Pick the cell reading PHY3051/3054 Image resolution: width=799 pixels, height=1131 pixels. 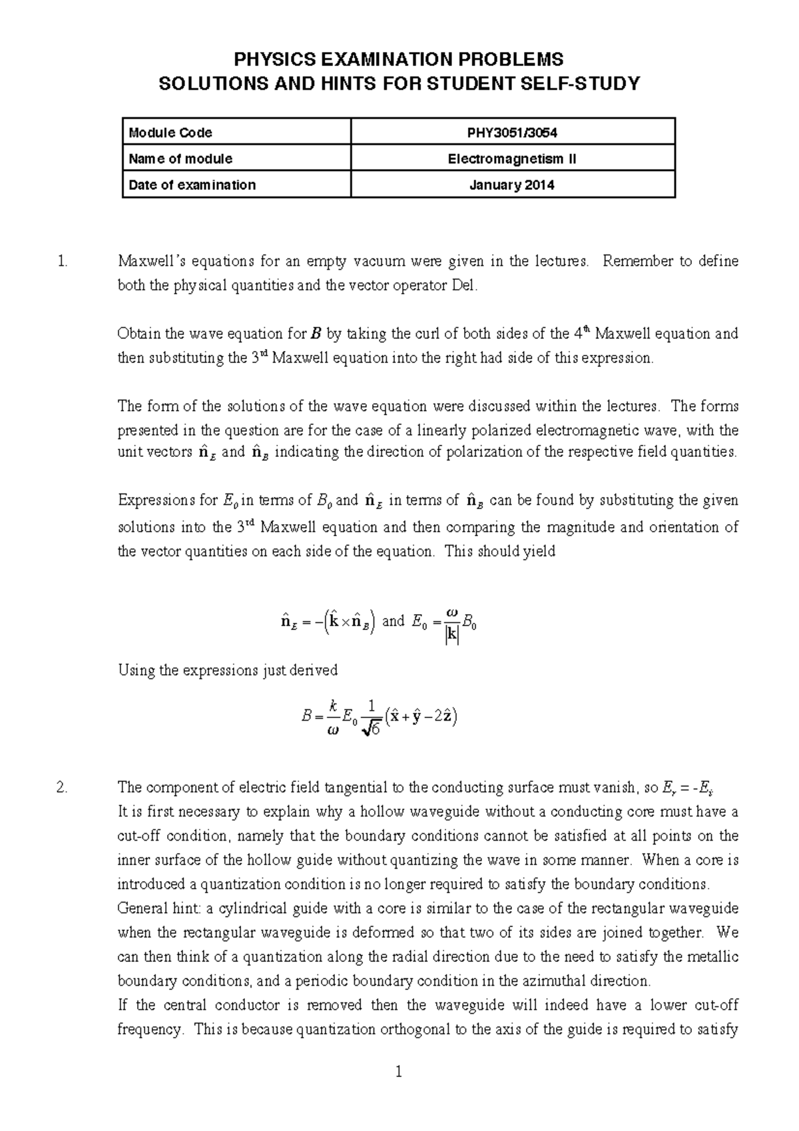click(x=512, y=133)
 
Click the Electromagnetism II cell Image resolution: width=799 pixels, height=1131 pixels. click(x=512, y=159)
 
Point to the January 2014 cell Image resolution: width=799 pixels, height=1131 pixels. click(x=512, y=185)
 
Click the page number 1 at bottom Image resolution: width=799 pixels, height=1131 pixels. click(x=399, y=1072)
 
